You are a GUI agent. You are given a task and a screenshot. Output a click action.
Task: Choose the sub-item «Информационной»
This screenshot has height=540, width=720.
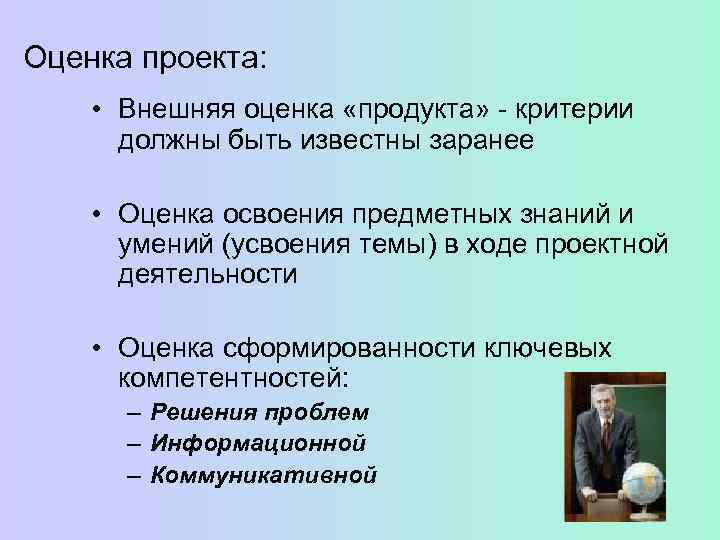258,443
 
